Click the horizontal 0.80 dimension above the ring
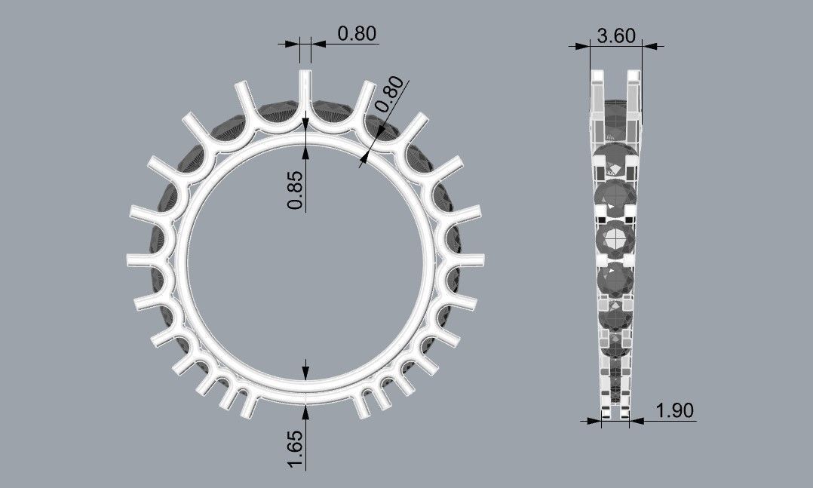click(x=357, y=34)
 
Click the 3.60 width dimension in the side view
click(x=615, y=35)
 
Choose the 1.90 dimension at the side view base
click(x=675, y=411)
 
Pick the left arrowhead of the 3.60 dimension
click(x=582, y=46)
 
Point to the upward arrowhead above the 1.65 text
click(x=305, y=410)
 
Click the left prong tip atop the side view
click(x=598, y=76)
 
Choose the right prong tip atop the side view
click(x=634, y=76)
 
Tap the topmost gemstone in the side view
click(x=615, y=113)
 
